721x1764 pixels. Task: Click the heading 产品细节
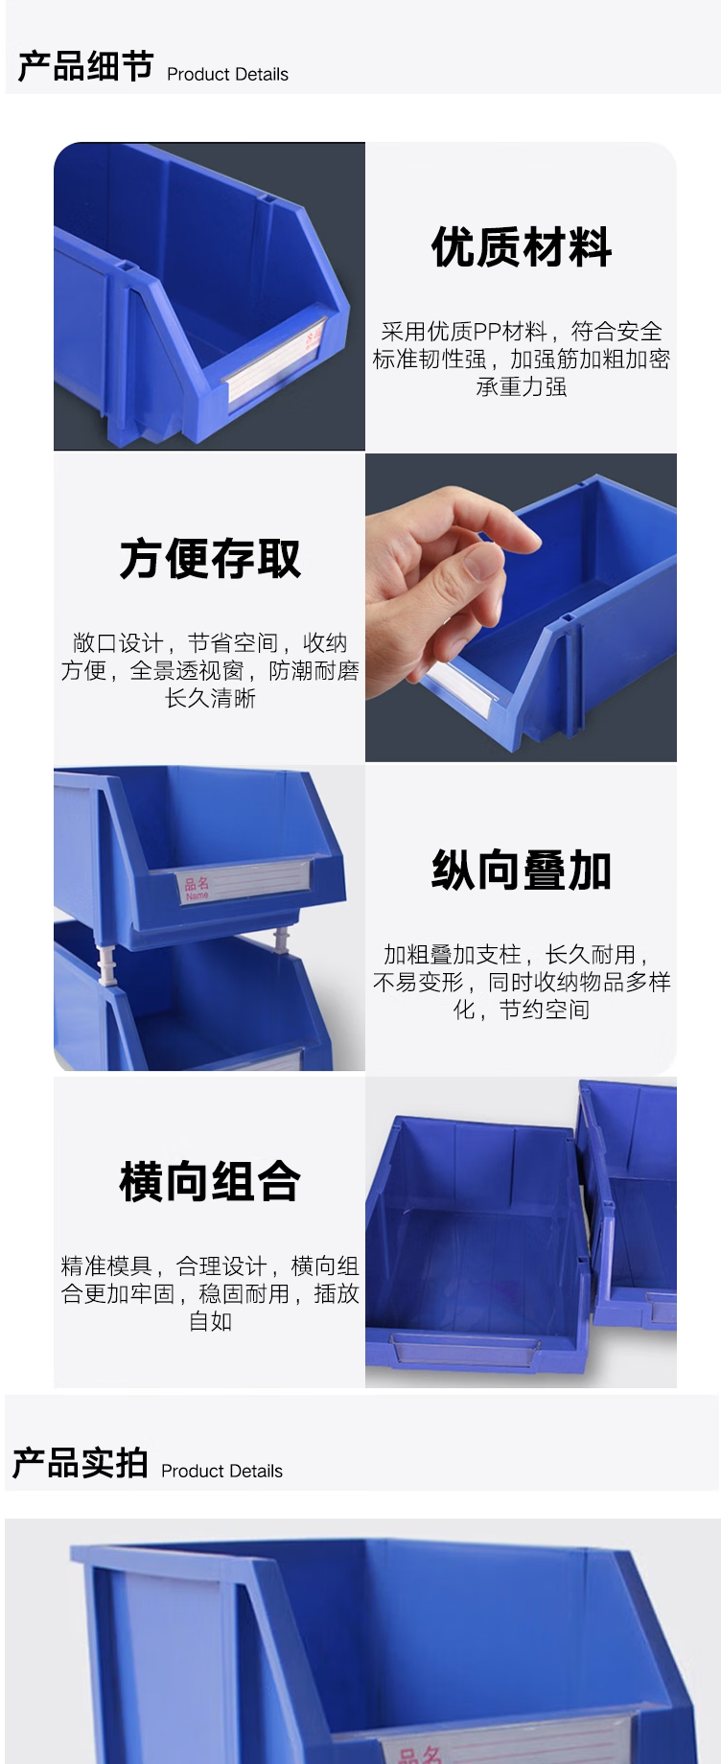85,67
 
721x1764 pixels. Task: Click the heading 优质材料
521,247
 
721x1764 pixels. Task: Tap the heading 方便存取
210,559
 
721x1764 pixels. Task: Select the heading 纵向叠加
521,870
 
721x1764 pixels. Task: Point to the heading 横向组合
210,1181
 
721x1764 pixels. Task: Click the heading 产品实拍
80,1463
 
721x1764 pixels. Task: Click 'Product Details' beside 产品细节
227,74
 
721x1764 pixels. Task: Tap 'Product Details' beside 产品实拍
221,1471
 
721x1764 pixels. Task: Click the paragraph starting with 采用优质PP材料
521,359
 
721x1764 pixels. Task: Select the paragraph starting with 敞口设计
210,670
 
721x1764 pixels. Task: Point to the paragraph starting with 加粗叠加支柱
521,982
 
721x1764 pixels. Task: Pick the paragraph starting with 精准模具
210,1293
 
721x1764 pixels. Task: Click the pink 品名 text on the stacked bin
197,886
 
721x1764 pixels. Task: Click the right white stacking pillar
282,940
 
